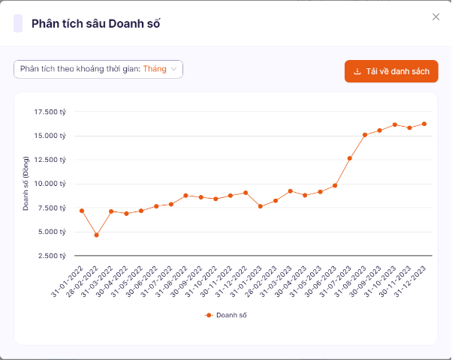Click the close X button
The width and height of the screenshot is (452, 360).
(x=435, y=17)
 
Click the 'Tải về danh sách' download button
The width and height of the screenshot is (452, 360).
(x=390, y=71)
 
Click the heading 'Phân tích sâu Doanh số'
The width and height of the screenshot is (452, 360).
(x=95, y=23)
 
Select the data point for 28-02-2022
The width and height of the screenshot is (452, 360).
(x=96, y=235)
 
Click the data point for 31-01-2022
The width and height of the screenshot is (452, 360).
(x=81, y=211)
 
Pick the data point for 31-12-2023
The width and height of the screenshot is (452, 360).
(x=424, y=124)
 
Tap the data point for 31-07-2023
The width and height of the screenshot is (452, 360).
(x=350, y=158)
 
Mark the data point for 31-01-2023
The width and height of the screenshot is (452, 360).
(x=260, y=206)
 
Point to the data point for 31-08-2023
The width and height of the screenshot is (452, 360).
(x=365, y=135)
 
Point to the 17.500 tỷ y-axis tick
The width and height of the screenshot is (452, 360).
(x=50, y=112)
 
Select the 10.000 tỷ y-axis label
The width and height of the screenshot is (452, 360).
(x=50, y=184)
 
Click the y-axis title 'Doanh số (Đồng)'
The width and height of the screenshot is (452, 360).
(x=26, y=184)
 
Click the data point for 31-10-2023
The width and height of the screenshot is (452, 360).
(x=394, y=124)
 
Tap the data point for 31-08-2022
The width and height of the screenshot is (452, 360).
(x=185, y=195)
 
